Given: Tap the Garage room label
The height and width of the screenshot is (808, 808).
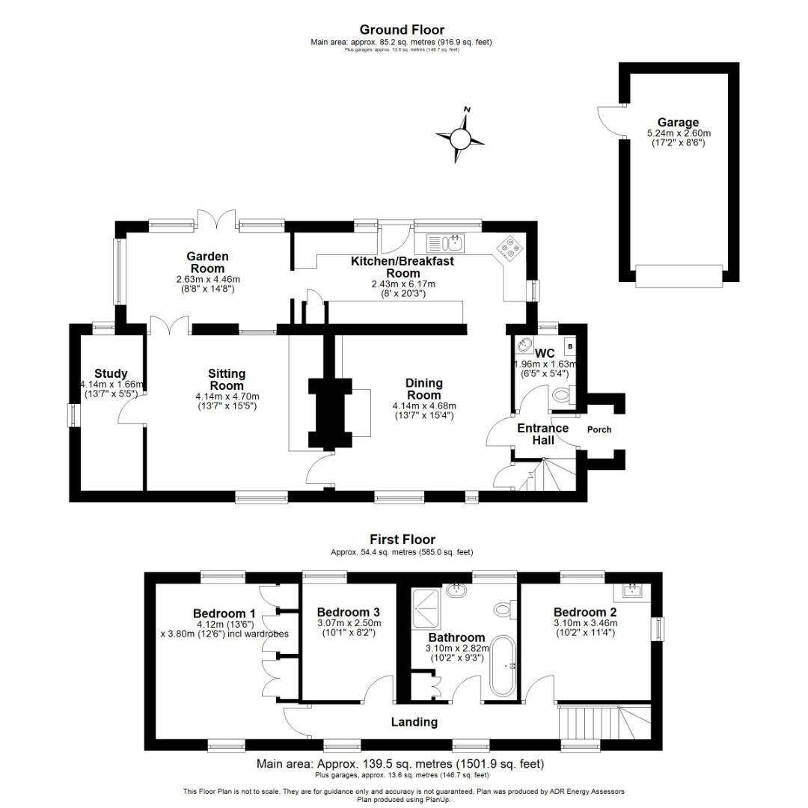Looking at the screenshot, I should pos(678,122).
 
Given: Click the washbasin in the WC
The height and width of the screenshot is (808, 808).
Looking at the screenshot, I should pos(524,347).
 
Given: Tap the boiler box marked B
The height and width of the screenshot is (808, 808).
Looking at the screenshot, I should pos(570,346).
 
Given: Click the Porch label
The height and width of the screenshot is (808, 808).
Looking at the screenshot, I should pos(599,429).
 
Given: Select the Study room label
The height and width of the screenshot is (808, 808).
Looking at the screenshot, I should pos(111,373).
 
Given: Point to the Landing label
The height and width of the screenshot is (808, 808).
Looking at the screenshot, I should pos(414,722).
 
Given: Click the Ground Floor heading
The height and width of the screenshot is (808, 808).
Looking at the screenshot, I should pos(402,30).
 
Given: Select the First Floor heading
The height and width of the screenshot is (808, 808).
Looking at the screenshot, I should pos(402,539).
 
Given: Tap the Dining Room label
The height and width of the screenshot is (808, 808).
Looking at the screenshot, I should pos(424,388).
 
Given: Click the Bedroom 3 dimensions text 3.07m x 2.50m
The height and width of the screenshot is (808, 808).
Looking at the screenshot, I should pos(349,623).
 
